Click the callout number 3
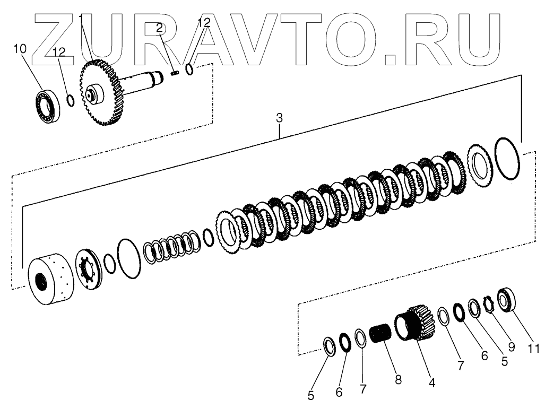tap(279, 119)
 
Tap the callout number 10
tap(20, 49)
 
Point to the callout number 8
tap(398, 379)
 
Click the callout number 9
tap(511, 348)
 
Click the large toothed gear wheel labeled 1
tap(101, 94)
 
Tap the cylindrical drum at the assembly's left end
tap(49, 280)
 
